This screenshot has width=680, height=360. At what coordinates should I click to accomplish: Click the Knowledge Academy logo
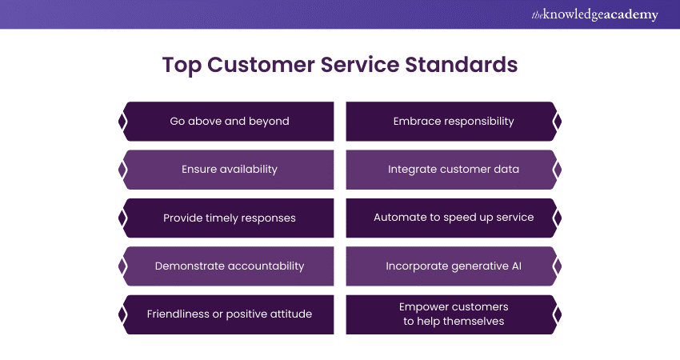(x=594, y=14)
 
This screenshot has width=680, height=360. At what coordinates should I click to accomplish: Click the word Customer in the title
(x=261, y=65)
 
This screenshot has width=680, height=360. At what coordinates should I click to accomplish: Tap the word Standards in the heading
(x=462, y=65)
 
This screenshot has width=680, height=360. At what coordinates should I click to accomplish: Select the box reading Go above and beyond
(x=229, y=122)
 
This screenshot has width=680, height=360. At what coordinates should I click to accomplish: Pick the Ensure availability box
(x=229, y=170)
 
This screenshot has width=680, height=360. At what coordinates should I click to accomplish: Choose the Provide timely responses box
(x=229, y=218)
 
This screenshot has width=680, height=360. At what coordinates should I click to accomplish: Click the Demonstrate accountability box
(x=229, y=266)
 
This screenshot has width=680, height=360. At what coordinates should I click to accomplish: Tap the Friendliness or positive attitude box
(x=229, y=314)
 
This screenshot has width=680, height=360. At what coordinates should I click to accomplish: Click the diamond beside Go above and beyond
(x=122, y=122)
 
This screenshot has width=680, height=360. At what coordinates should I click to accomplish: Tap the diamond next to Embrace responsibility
(x=558, y=122)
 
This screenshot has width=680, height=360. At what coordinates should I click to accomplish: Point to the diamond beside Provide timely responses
(x=122, y=218)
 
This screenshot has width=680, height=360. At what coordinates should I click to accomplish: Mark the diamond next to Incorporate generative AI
(x=558, y=266)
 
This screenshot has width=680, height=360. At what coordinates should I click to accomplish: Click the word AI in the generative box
(x=517, y=266)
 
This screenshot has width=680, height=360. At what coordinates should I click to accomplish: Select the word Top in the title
(x=182, y=66)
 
